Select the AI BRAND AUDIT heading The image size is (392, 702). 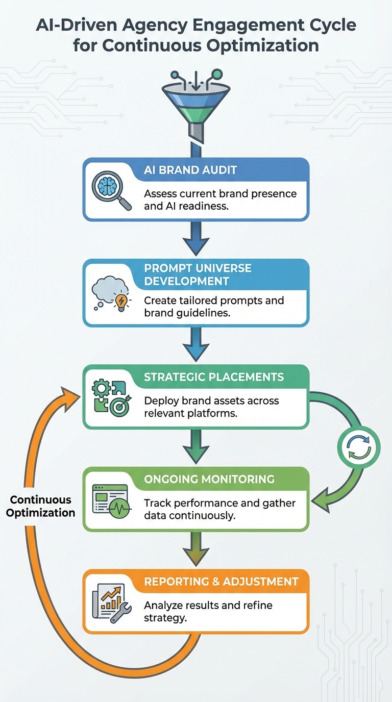(190, 170)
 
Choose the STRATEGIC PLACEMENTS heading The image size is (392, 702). (213, 377)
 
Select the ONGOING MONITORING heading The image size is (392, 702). (209, 479)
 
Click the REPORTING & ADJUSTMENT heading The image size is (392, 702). (221, 582)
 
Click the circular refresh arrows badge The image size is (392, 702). (359, 447)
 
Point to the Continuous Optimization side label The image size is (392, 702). (40, 506)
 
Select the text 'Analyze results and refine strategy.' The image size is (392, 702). (208, 612)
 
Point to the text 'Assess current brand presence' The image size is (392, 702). (220, 194)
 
